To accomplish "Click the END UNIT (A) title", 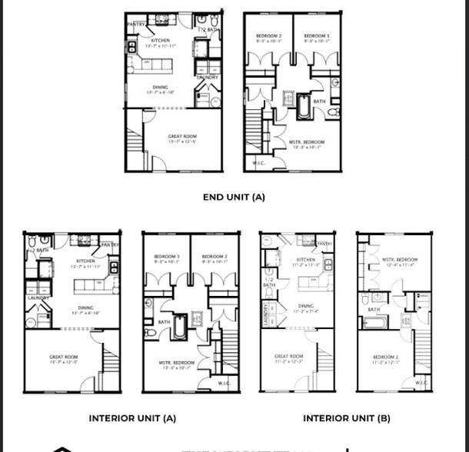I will (x=234, y=197).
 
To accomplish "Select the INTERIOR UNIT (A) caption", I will (x=132, y=418).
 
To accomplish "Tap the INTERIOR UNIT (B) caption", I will (x=346, y=418).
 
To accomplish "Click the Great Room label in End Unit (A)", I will (x=182, y=137).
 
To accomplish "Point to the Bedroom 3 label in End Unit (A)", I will (x=316, y=37).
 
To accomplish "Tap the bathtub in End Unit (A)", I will (x=303, y=107).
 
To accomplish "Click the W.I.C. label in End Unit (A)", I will (x=259, y=162).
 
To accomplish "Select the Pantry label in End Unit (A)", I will (x=137, y=24).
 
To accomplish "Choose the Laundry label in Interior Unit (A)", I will (x=38, y=297).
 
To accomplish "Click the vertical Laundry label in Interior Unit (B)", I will (x=265, y=314).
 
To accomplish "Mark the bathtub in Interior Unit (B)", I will (x=374, y=321).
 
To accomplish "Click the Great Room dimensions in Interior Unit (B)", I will (x=289, y=362).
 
